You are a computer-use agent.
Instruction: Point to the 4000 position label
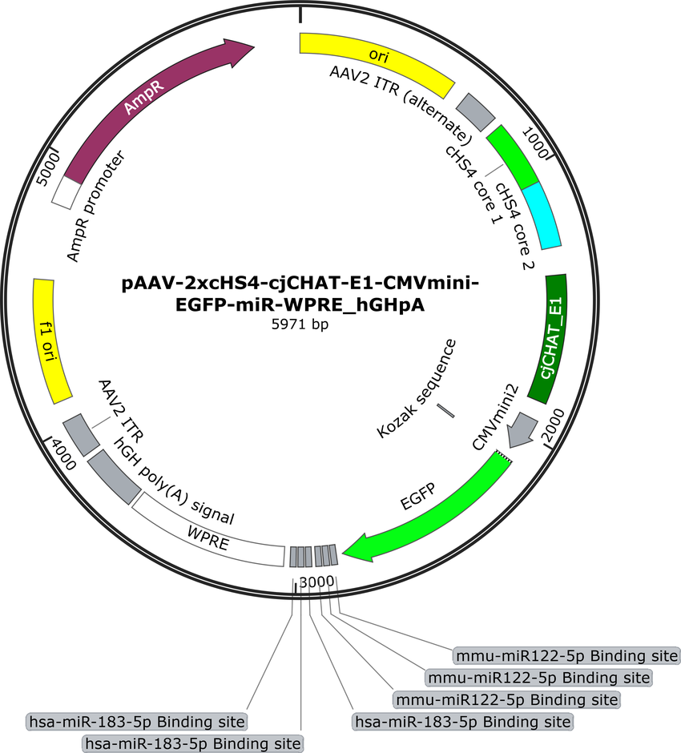[64, 454]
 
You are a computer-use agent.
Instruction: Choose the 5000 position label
[49, 168]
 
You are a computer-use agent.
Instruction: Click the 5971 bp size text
[300, 324]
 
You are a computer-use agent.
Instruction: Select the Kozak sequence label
[417, 389]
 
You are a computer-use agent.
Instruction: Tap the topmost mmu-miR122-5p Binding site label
[566, 655]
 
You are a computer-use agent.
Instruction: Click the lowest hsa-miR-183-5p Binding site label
[193, 744]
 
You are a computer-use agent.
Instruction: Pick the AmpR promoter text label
[95, 207]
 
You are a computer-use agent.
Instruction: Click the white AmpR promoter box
[66, 192]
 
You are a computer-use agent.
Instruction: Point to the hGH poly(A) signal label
[174, 481]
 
